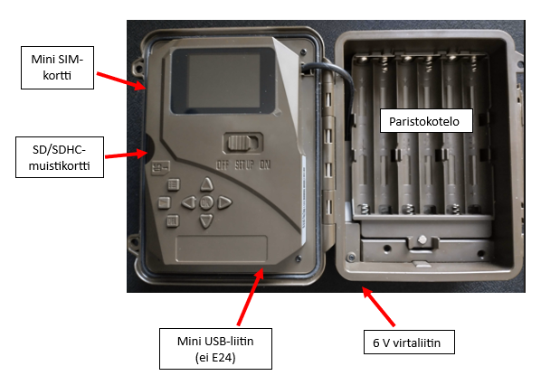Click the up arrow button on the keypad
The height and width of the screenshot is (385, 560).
point(205,188)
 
